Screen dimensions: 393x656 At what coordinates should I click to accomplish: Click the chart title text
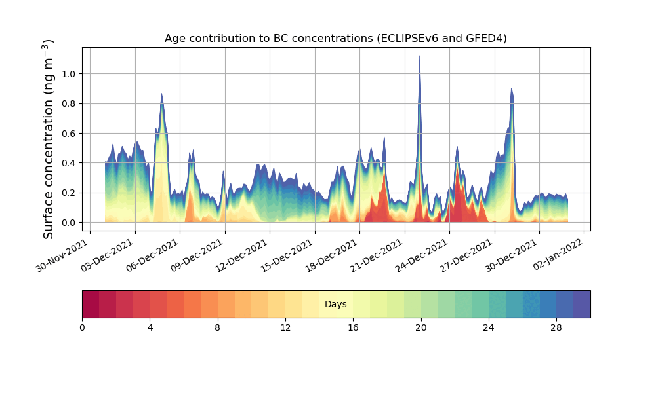click(335, 39)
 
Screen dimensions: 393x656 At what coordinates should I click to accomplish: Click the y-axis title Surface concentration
click(49, 139)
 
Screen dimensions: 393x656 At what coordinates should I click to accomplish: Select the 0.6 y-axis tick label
click(68, 134)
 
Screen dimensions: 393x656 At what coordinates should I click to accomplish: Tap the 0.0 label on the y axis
click(68, 223)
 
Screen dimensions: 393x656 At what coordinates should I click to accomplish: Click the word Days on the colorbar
click(335, 305)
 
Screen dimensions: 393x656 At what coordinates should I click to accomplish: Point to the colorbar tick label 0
click(82, 327)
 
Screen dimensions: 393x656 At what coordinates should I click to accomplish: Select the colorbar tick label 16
click(353, 327)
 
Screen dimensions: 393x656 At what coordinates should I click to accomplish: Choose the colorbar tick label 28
click(556, 327)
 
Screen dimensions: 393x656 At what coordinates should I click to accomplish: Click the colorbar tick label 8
click(218, 327)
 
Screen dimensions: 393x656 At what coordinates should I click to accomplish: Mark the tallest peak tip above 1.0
click(420, 56)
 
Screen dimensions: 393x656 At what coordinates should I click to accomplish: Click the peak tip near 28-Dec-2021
click(511, 89)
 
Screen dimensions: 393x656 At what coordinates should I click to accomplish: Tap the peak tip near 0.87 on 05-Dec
click(161, 94)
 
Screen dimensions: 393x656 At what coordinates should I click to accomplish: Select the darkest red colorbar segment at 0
click(91, 304)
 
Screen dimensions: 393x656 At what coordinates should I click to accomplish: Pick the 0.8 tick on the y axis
click(68, 103)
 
